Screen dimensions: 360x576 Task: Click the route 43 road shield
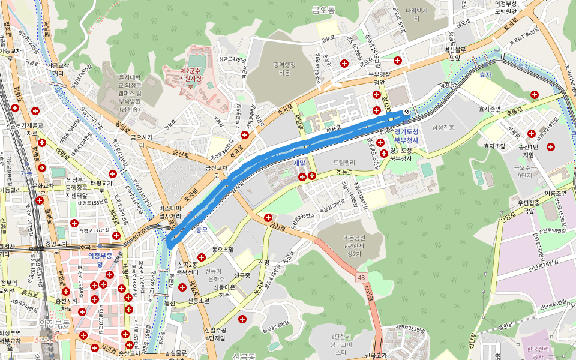[361, 278]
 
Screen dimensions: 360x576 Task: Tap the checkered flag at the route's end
[407, 111]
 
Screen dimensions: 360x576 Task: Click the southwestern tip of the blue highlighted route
[170, 244]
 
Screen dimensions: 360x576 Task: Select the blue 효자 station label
[485, 75]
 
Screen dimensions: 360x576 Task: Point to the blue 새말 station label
[300, 163]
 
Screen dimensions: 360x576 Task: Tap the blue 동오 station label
[201, 229]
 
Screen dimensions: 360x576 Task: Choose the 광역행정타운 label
[284, 69]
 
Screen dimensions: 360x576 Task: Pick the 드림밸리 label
[344, 163]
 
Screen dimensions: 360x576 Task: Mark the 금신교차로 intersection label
[217, 172]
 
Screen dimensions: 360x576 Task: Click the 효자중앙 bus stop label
[490, 109]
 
